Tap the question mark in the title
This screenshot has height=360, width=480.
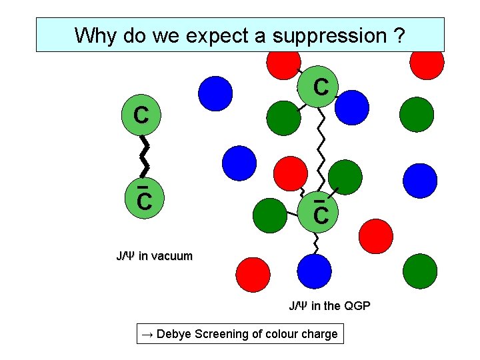point(398,35)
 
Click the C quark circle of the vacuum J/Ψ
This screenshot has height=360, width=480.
point(141,117)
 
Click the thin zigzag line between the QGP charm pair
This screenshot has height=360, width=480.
point(322,151)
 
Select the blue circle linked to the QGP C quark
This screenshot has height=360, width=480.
point(352,107)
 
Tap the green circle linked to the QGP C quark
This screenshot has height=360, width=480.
point(284,117)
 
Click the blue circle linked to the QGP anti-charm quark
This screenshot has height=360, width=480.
point(315,271)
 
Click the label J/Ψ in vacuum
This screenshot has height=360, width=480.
point(154,255)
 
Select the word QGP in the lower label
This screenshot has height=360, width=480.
point(357,306)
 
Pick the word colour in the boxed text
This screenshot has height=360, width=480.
point(283,333)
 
